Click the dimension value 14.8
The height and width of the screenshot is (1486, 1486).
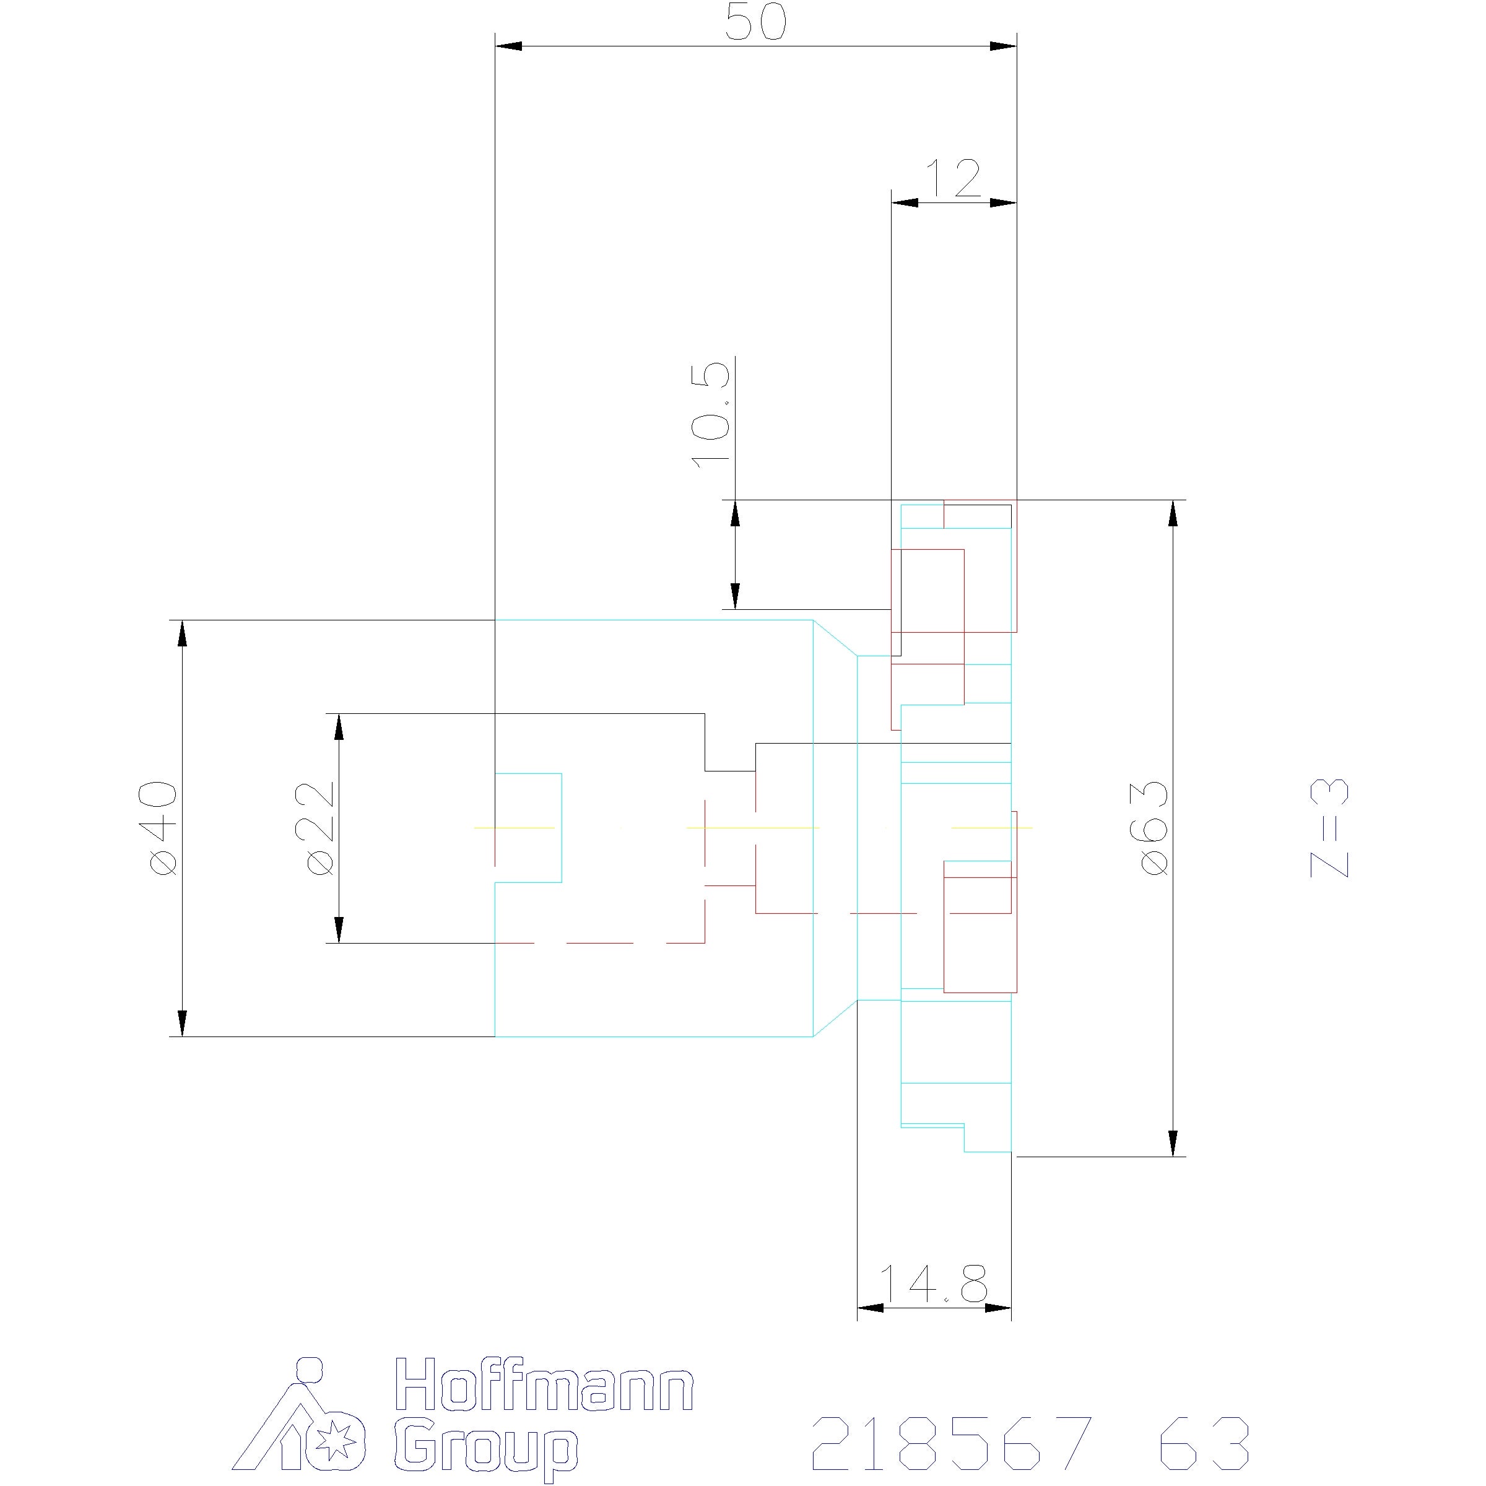[932, 1283]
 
